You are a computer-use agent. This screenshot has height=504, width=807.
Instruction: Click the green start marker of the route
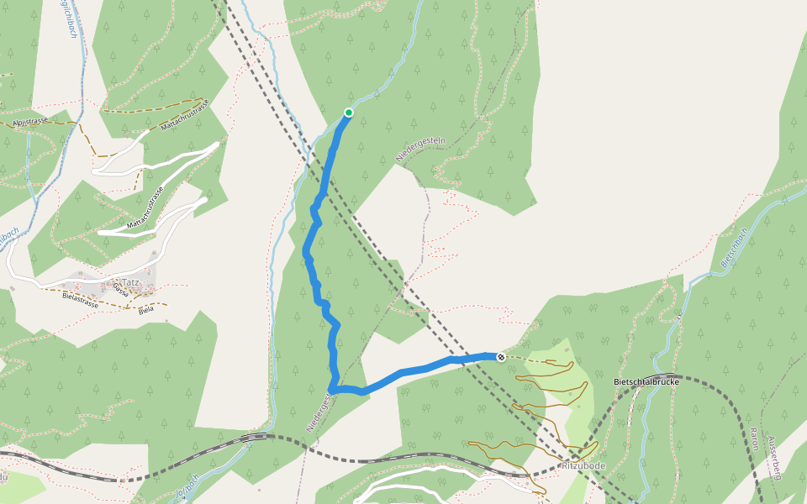coord(349,113)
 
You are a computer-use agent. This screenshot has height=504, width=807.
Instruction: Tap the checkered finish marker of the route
coord(501,357)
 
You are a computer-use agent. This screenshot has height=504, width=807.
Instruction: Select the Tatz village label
coord(130,282)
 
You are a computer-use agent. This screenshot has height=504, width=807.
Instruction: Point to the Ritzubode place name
coord(583,465)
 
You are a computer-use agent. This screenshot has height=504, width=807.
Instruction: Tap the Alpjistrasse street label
coord(30,123)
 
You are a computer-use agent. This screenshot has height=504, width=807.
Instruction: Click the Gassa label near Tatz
coord(120,290)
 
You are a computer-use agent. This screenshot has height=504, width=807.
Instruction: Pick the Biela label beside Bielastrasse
coord(145,309)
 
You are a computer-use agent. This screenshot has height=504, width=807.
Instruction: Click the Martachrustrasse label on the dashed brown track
coord(184,114)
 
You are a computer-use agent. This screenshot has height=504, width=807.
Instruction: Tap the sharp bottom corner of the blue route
coord(333,390)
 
